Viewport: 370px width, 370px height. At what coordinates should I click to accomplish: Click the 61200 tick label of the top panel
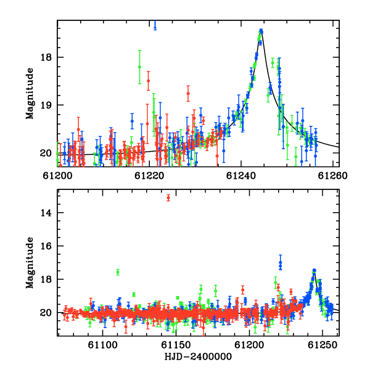[57, 176]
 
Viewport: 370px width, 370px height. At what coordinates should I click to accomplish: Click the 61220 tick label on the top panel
[149, 176]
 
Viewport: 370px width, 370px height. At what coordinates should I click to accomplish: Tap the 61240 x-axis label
[241, 176]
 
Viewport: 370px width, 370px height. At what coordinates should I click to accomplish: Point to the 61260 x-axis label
[332, 176]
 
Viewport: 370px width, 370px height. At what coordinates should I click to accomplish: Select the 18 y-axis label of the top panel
[46, 57]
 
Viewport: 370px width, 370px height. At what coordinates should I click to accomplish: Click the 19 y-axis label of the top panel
[46, 105]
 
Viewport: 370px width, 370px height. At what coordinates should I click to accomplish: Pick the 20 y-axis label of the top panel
[46, 153]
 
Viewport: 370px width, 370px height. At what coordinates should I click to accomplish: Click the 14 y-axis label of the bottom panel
[46, 213]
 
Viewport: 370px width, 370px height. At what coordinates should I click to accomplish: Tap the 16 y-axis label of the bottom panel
[46, 246]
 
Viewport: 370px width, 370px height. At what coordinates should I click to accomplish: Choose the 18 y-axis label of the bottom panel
[46, 279]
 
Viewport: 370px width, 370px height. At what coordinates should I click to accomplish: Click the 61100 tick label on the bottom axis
[102, 345]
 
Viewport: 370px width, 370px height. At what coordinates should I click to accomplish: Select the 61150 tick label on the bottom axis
[176, 345]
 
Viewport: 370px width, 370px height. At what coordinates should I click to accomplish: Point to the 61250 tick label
[323, 345]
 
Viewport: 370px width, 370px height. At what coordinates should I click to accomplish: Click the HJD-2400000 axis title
[198, 356]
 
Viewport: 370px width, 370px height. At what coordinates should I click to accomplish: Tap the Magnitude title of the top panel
[30, 94]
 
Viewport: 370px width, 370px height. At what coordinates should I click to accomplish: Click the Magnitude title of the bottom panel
[30, 263]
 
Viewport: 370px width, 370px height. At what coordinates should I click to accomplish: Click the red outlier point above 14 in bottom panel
[168, 197]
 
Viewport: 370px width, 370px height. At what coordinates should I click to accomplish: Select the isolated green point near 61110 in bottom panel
[118, 272]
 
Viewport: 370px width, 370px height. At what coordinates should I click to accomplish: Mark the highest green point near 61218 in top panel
[140, 67]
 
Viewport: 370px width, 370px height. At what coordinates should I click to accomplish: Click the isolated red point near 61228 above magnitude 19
[188, 94]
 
